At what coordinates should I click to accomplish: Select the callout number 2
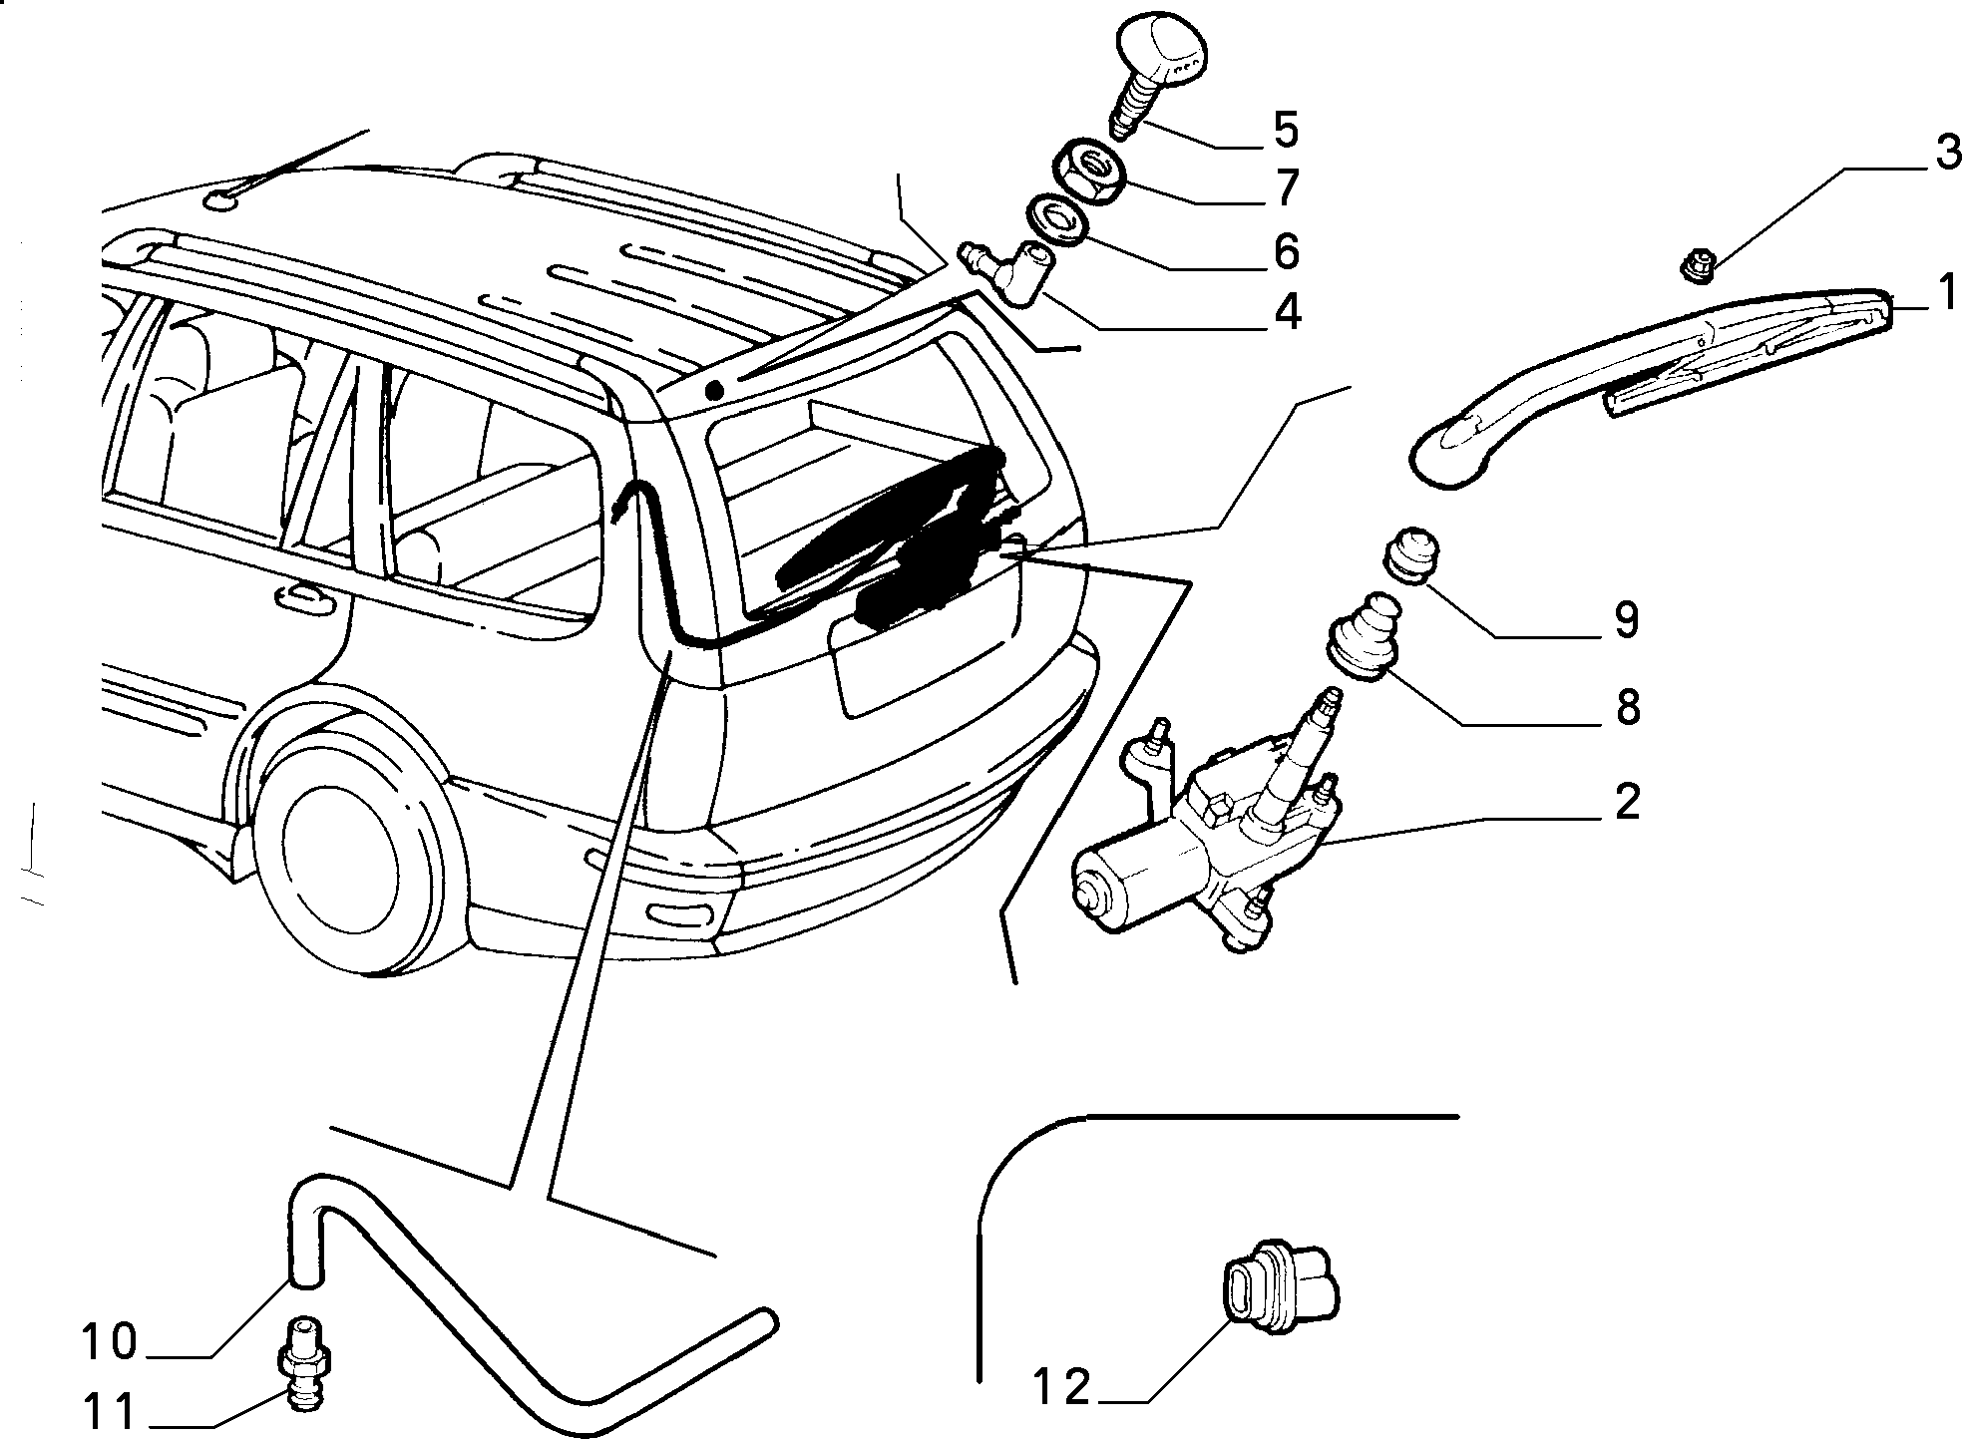click(1626, 801)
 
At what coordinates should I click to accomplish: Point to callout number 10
click(107, 1341)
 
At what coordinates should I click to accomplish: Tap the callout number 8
click(1627, 708)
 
